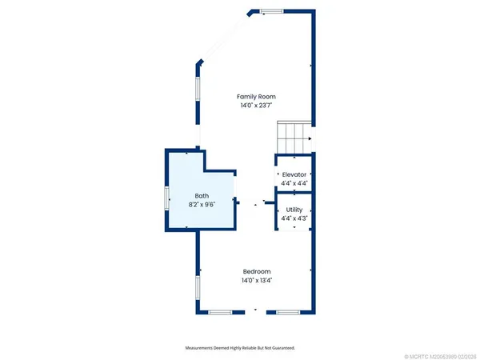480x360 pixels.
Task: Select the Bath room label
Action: [x=203, y=195]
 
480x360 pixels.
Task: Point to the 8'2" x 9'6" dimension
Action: [x=203, y=204]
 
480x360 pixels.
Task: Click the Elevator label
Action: [x=294, y=174]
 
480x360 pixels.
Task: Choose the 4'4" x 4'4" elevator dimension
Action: [x=294, y=183]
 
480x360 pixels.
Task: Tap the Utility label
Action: [x=294, y=209]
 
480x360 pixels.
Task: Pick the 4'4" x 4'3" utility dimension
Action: [x=294, y=218]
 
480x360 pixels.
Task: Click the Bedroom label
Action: [x=256, y=270]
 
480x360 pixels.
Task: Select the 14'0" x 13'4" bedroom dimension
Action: [x=256, y=279]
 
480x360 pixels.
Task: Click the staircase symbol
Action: [x=293, y=133]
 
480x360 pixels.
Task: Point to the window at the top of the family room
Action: [x=271, y=10]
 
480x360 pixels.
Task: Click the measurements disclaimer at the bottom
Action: [x=239, y=348]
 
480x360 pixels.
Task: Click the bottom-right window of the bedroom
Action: [x=289, y=310]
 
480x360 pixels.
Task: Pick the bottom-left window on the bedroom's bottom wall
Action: [x=220, y=310]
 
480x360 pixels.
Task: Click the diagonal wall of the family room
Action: [x=226, y=37]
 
